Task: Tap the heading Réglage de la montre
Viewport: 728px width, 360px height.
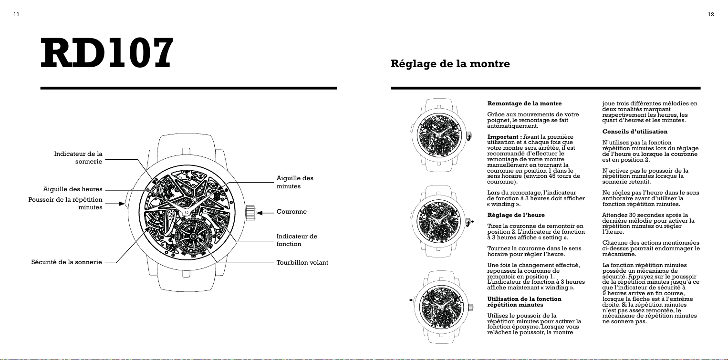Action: [450, 64]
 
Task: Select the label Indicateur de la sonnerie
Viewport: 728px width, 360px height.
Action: [78, 157]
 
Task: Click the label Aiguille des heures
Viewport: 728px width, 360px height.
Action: [73, 189]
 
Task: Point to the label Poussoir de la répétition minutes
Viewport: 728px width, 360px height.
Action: [65, 204]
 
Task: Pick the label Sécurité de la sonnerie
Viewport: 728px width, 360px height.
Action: [67, 262]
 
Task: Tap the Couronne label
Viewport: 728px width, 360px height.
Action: [291, 212]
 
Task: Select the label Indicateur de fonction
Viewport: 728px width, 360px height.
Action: [297, 240]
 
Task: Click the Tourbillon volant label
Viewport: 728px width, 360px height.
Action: [302, 263]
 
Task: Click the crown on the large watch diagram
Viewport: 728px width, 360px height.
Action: [250, 213]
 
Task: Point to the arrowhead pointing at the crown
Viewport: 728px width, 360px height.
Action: [260, 213]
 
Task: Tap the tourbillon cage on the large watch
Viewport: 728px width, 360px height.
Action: [193, 236]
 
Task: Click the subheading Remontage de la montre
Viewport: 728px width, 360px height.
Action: [524, 103]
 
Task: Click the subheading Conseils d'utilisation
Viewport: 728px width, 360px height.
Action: [634, 132]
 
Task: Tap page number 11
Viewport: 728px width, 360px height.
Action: [17, 14]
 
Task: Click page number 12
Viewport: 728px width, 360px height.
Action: [711, 14]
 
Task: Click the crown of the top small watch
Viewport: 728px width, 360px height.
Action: [468, 136]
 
